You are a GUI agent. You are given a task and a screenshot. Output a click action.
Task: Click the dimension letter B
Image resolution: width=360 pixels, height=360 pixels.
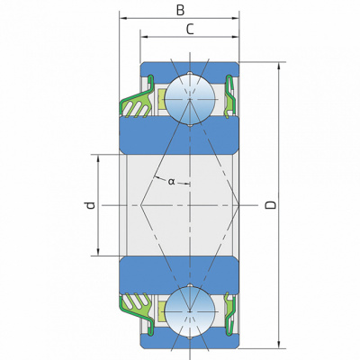click(180, 10)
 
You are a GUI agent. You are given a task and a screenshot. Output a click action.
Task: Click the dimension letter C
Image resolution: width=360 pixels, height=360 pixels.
click(190, 30)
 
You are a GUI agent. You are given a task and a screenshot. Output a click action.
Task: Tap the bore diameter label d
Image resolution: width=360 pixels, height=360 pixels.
click(90, 205)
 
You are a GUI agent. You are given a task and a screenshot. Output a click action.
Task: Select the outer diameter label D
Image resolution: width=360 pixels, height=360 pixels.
click(271, 205)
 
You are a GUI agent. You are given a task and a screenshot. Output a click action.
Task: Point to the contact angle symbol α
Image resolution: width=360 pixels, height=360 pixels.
click(171, 181)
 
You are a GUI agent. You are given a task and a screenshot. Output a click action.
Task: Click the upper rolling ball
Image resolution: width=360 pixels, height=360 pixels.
click(190, 99)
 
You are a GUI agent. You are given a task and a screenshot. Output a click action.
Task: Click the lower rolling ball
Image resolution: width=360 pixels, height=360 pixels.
click(190, 311)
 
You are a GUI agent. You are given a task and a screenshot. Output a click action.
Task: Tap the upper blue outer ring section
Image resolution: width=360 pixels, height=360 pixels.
click(190, 68)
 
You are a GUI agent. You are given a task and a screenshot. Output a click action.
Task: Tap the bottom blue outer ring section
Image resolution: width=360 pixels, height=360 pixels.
click(190, 342)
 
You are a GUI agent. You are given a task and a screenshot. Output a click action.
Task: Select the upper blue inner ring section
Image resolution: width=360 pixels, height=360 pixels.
click(179, 136)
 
